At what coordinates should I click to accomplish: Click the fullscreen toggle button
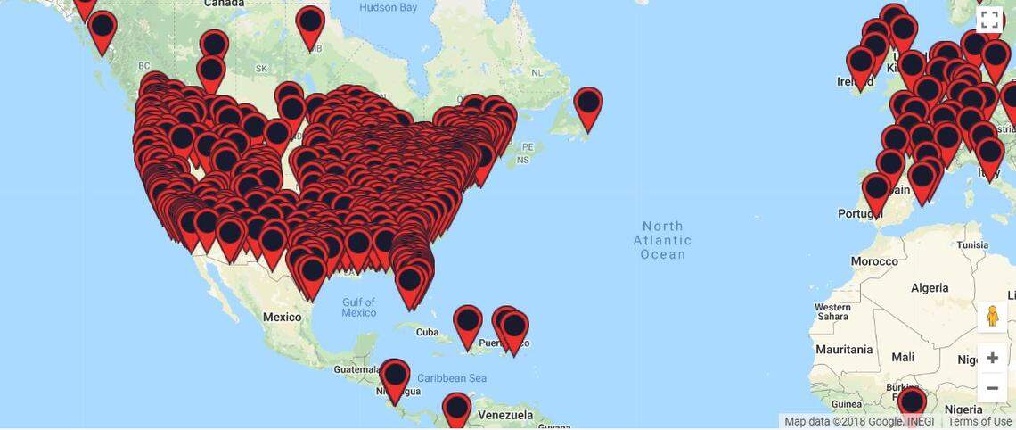[x=989, y=20]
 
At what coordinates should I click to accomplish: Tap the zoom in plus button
[x=992, y=358]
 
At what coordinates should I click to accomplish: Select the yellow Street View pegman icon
[x=992, y=317]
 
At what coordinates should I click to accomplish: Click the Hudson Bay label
[x=388, y=8]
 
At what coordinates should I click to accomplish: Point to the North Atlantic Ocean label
[x=662, y=240]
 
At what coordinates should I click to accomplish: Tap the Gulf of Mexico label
[x=358, y=307]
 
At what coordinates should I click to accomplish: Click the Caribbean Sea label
[x=451, y=377]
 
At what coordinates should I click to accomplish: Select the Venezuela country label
[x=504, y=415]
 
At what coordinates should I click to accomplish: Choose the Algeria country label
[x=930, y=288]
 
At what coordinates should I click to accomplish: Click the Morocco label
[x=874, y=261]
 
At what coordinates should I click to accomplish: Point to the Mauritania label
[x=843, y=349]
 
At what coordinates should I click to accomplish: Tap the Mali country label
[x=902, y=357]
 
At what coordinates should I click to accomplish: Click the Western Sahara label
[x=832, y=311]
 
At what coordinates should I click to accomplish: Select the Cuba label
[x=428, y=332]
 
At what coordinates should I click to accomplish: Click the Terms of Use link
[x=979, y=422]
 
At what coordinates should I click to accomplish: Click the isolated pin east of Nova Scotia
[x=588, y=104]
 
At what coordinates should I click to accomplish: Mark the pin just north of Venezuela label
[x=456, y=409]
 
